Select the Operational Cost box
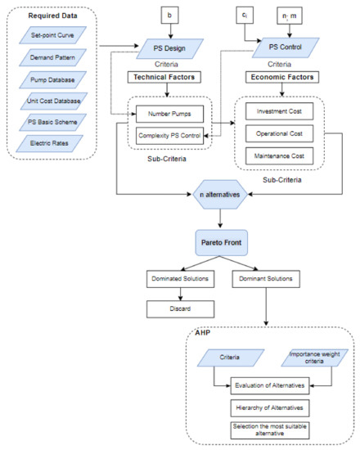(281, 133)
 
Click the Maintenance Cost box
(281, 155)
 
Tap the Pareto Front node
(219, 243)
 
